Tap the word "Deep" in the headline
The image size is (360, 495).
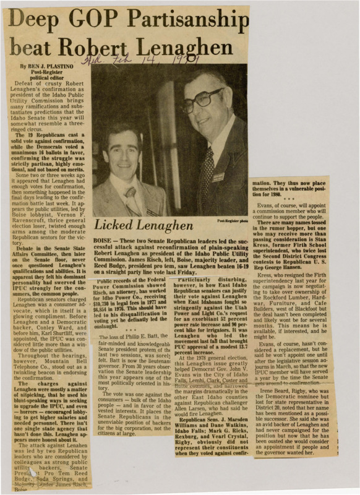[x=35, y=20]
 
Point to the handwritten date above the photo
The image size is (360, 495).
[x=142, y=61]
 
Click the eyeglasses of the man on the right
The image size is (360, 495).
[x=202, y=99]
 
